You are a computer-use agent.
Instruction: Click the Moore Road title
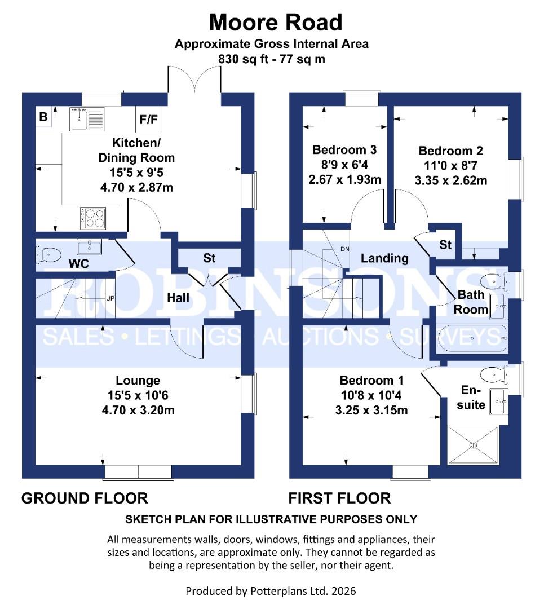coord(276,23)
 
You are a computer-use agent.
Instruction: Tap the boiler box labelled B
coord(43,117)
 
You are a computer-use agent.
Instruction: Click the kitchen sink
coord(79,118)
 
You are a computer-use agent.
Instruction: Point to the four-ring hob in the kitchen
coord(94,218)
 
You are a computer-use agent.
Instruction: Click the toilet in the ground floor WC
coord(48,255)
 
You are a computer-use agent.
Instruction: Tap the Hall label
coord(178,297)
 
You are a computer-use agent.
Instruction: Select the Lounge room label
coord(138,381)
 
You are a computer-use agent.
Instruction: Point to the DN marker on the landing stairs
coord(345,249)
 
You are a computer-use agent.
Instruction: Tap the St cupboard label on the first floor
coord(445,245)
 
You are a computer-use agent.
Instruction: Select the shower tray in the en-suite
coord(474,445)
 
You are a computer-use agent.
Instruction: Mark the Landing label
coord(384,258)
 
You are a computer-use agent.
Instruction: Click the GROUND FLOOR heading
coord(85,498)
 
